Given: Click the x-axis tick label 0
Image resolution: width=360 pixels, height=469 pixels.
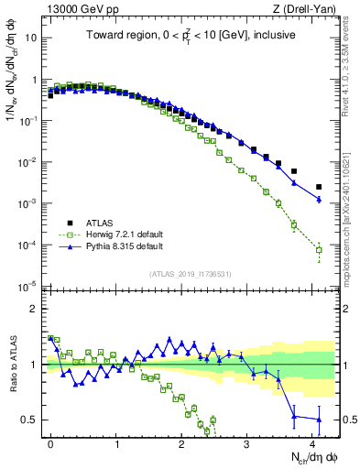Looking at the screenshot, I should point(50,441).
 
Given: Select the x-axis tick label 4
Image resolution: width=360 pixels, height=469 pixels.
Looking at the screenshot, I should point(312,441).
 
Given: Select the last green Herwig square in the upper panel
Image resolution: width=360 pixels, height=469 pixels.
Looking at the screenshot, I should point(319,249).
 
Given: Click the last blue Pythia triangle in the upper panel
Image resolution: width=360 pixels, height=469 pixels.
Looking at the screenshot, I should point(319,199).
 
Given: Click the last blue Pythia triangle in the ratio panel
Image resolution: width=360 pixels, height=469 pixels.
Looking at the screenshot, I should point(319,420).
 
